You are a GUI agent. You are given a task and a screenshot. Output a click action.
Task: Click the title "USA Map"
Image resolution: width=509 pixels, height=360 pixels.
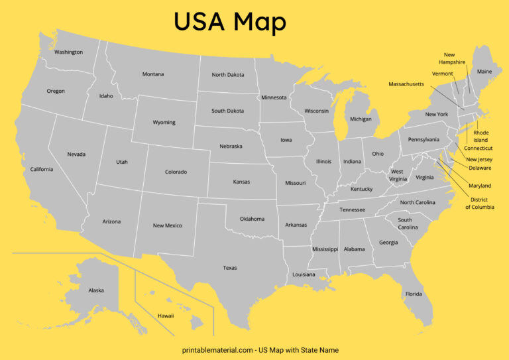(x=230, y=22)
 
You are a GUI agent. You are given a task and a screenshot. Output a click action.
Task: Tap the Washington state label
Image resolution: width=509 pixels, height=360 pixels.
(x=68, y=52)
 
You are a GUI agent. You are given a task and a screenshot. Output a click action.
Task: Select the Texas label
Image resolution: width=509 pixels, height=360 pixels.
(x=230, y=268)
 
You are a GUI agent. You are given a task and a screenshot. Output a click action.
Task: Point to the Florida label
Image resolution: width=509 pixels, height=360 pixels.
(x=414, y=294)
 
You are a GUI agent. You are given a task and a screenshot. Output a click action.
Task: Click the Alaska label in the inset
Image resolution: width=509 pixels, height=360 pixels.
(x=96, y=290)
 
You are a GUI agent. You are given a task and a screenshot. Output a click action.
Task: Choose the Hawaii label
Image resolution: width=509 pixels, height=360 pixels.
(x=166, y=316)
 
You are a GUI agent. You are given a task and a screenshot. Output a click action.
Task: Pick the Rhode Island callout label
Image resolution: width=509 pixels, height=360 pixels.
(x=481, y=137)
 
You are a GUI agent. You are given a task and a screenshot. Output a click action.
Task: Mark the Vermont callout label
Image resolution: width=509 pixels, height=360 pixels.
(x=442, y=74)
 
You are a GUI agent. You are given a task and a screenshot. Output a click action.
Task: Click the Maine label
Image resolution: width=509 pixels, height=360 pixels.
(x=484, y=72)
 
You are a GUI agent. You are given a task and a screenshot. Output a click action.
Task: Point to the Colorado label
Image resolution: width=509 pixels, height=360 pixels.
(x=176, y=172)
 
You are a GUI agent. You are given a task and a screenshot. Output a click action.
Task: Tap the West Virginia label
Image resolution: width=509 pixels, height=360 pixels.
(x=398, y=175)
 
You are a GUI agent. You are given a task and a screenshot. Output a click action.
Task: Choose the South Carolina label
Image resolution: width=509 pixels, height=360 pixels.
(x=407, y=223)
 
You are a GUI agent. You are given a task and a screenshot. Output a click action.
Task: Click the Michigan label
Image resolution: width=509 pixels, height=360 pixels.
(x=361, y=119)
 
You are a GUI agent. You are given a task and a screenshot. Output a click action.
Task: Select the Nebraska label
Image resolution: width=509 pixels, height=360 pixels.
(x=231, y=147)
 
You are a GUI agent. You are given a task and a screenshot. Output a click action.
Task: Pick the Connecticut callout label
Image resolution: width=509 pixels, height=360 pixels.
(x=478, y=148)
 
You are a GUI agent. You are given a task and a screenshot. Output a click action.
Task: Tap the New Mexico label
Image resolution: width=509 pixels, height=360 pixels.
(x=167, y=225)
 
